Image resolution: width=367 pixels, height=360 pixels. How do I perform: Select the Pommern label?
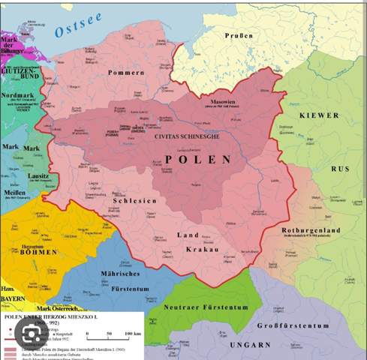(125, 72)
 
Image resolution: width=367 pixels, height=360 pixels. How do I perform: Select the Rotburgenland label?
(311, 230)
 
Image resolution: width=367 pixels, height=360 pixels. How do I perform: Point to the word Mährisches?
(121, 273)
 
